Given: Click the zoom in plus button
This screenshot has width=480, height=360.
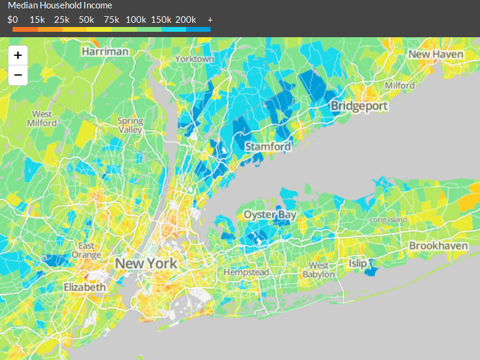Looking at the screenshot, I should (18, 56).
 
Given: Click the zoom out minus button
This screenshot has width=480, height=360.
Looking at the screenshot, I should (18, 75).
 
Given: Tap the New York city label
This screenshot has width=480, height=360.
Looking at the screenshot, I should (146, 263).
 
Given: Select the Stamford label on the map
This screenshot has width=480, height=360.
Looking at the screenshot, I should (268, 146).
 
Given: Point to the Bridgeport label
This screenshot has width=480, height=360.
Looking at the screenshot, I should (359, 106).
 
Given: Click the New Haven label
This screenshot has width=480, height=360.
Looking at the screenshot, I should (436, 54).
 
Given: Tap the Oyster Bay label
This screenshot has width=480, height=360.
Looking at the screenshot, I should (269, 215).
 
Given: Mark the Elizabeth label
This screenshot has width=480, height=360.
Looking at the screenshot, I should (85, 287).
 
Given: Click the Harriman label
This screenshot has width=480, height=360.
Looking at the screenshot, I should (105, 51).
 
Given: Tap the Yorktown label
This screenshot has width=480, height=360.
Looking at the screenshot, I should (194, 59).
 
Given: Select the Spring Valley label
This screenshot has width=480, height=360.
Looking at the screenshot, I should (130, 125).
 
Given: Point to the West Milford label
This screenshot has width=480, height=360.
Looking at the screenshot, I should (42, 118).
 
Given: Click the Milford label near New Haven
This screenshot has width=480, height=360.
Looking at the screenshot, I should (400, 85).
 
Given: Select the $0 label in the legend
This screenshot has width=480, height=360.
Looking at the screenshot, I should (13, 20).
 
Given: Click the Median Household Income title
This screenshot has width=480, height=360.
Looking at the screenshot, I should (60, 5).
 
